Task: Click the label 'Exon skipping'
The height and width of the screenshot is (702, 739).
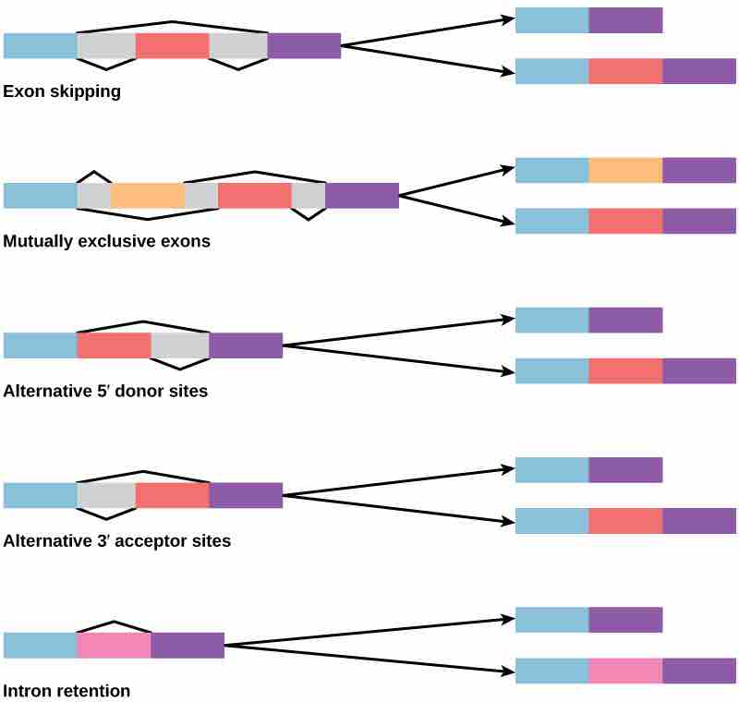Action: coord(62,92)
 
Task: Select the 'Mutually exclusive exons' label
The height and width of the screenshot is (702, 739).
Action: coord(106,242)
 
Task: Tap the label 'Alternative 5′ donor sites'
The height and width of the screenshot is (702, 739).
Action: coord(105,392)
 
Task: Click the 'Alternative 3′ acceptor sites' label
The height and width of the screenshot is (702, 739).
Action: coord(116,541)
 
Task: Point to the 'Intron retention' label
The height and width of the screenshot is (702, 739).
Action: coord(67,691)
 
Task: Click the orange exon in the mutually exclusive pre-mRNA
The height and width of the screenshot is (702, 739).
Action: coord(148,196)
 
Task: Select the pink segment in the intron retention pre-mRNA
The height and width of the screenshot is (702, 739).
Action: coord(114,645)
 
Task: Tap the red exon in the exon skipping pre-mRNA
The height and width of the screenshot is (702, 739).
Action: coord(172,46)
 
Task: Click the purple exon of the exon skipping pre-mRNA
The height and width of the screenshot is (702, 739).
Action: coord(304,46)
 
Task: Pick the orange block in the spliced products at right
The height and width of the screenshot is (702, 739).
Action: coord(625,170)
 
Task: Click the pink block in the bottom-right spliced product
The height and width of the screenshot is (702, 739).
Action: coord(625,671)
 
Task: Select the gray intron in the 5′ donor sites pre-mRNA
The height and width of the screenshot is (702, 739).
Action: coord(179,345)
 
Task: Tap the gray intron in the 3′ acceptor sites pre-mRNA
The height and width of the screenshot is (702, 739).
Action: coord(106,495)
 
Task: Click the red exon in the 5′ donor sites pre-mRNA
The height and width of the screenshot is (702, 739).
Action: coord(114,345)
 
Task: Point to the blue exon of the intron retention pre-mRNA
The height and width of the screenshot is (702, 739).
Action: coord(40,645)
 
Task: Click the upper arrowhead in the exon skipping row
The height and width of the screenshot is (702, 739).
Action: coord(509,18)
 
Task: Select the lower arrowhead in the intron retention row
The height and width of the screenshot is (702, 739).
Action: coord(509,670)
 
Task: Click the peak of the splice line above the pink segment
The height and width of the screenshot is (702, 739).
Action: coord(113,623)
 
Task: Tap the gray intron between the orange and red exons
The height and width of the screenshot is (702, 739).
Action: coord(201,196)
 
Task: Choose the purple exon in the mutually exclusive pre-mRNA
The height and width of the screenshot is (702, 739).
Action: coord(362,196)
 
